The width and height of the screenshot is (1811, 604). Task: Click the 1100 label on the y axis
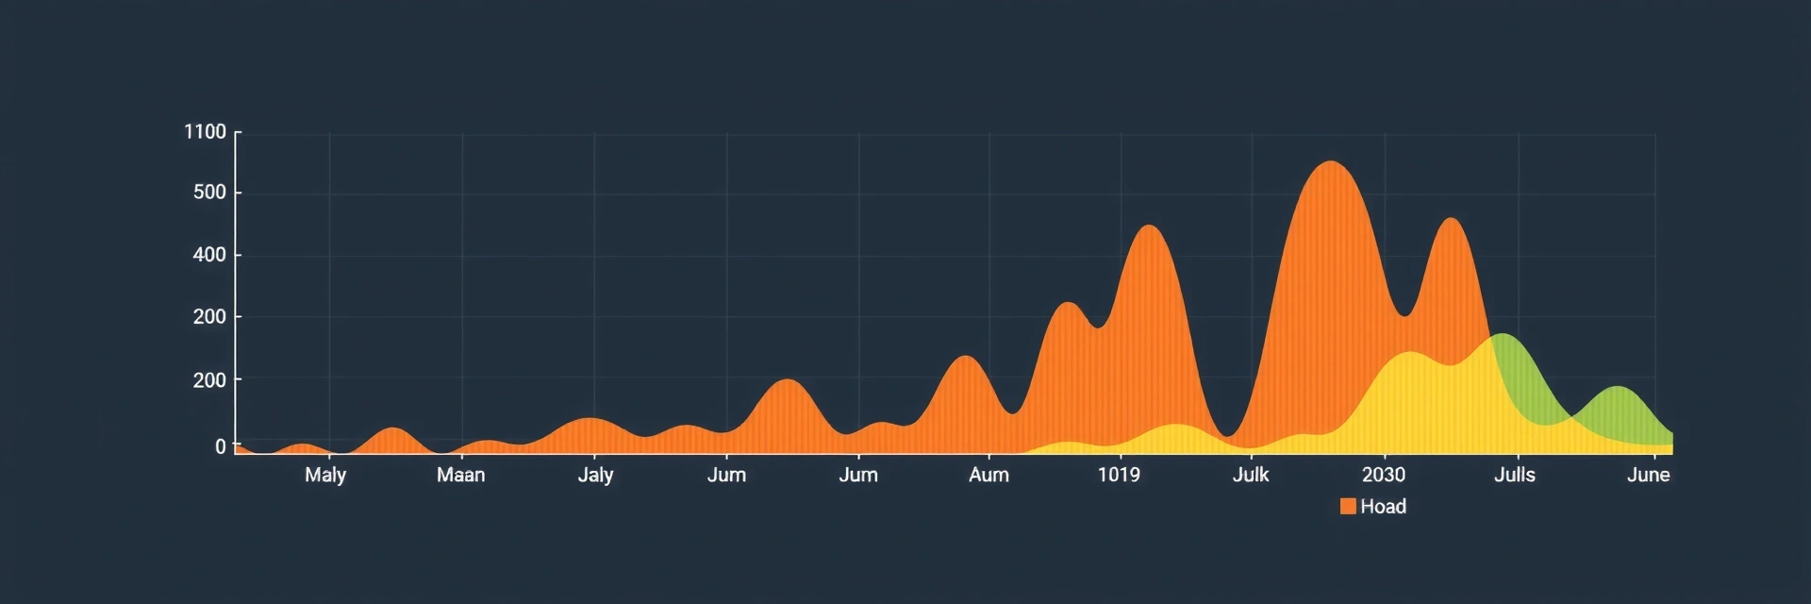(205, 132)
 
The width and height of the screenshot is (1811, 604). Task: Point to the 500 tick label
(209, 193)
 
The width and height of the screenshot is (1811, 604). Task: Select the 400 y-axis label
(209, 255)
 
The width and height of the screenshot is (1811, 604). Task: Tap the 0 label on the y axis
(221, 446)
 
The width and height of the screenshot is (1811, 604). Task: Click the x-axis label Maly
(325, 475)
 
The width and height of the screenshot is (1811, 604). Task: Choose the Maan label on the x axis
(460, 475)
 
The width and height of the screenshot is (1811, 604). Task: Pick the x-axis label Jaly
(595, 475)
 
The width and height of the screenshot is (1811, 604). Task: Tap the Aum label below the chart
(989, 475)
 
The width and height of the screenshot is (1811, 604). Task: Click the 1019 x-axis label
(1119, 475)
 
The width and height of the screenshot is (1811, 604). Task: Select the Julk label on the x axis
(1251, 475)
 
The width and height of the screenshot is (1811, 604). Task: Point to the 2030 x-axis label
(1383, 475)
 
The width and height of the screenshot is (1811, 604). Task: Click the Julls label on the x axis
(1515, 475)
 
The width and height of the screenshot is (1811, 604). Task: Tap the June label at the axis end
(1648, 475)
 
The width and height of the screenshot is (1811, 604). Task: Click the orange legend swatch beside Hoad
(1348, 507)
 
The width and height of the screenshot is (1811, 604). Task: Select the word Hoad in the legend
(1383, 507)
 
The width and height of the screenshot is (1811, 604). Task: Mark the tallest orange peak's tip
(1330, 162)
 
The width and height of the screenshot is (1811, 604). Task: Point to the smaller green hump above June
(1618, 388)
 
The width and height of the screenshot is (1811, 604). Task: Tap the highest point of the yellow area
(1409, 353)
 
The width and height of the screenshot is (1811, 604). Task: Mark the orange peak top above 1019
(1148, 226)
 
